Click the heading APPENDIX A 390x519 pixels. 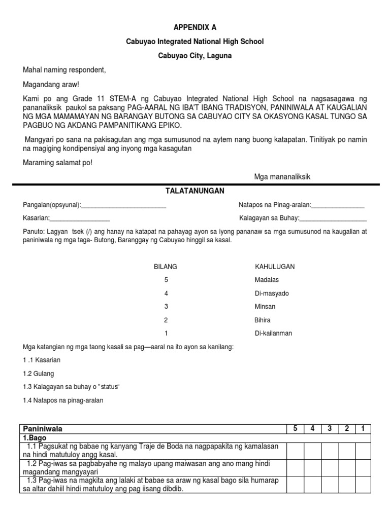click(195, 27)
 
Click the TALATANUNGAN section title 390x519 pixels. click(195, 191)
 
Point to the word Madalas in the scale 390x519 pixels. click(267, 280)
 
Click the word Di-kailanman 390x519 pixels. click(273, 333)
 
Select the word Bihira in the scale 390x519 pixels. click(263, 320)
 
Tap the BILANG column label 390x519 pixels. click(166, 267)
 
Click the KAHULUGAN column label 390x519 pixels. click(275, 267)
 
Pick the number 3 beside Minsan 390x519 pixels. click(166, 307)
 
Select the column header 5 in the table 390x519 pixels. click(295, 429)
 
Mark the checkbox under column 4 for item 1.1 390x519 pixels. click(312, 450)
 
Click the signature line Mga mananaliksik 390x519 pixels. click(282, 176)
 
